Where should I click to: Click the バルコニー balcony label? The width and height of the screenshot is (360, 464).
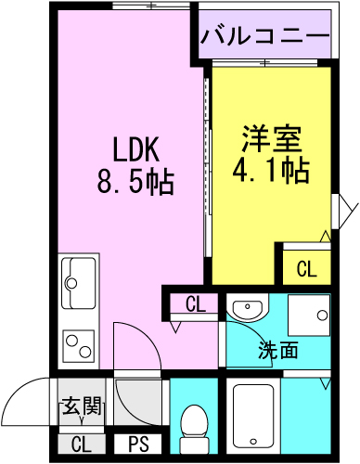265,36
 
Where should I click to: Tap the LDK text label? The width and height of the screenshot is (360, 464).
136,149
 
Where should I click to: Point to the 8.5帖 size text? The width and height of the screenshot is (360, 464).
135,182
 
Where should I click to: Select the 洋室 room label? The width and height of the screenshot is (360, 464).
272,138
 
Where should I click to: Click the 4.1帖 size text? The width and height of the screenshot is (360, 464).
271,170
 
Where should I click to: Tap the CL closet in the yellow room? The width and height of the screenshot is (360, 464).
307,269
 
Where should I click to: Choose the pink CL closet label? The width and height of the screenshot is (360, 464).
196,304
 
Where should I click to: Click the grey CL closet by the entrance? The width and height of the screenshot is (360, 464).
82,445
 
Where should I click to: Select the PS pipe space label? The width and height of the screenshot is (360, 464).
138,445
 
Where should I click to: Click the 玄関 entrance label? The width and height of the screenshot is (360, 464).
82,406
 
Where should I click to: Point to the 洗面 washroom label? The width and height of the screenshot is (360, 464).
278,350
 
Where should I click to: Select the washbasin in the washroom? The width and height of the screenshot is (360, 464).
248,307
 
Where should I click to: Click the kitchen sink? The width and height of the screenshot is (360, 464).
78,282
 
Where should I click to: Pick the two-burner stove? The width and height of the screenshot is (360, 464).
78,346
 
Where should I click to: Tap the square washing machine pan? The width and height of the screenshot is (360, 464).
309,316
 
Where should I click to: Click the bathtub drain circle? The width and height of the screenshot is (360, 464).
253,441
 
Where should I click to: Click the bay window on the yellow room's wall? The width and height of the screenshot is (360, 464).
344,212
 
